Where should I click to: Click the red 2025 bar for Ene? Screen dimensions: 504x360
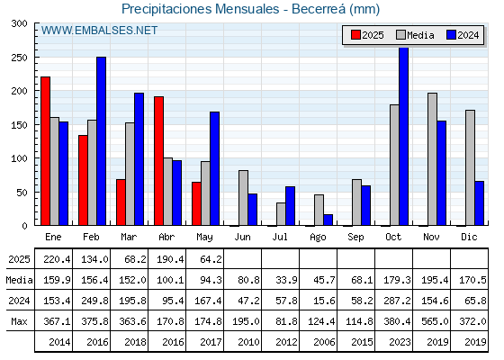coord(45,151)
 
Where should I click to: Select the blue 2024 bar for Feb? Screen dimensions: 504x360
coord(101,141)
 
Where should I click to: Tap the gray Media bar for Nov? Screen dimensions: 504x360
coord(432,159)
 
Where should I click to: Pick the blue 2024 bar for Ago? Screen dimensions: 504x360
coord(328,220)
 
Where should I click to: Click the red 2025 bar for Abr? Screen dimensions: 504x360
coord(158,161)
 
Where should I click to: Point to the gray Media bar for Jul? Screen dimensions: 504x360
coord(281,214)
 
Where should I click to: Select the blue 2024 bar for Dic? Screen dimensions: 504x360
coord(479,203)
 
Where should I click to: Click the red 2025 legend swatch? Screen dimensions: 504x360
coord(355,35)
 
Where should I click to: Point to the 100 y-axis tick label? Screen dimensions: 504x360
coord(20,158)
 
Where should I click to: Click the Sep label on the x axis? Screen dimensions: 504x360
coord(355,238)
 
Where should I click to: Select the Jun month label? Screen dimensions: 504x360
coord(242,238)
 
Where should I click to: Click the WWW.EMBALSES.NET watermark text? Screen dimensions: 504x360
coord(99,31)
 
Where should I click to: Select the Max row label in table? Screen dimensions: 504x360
coord(19,321)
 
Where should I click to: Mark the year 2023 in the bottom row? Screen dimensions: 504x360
coord(400,342)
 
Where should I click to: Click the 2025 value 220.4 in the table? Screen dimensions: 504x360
coord(57,259)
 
